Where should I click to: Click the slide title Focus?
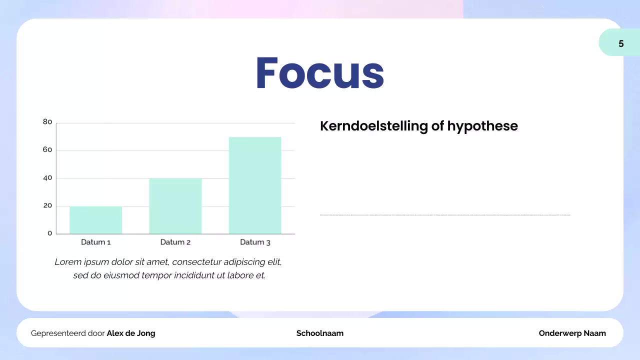[x=320, y=73]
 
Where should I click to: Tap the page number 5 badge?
[x=620, y=43]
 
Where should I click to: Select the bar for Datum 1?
[x=95, y=220]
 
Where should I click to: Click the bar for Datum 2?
[x=175, y=206]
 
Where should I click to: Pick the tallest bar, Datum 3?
[x=255, y=185]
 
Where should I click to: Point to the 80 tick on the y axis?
[x=47, y=121]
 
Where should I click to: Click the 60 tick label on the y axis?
[x=47, y=149]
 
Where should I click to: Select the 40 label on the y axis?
[x=47, y=177]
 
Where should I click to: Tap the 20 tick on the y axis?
[x=47, y=205]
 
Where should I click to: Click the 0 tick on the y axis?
[x=49, y=233]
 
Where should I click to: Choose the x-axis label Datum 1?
[x=95, y=242]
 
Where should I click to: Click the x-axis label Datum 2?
[x=175, y=242]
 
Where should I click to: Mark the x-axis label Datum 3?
[x=255, y=242]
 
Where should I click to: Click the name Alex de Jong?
[x=131, y=333]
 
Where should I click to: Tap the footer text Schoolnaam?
[x=320, y=333]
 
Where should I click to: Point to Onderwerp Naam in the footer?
[x=572, y=333]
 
